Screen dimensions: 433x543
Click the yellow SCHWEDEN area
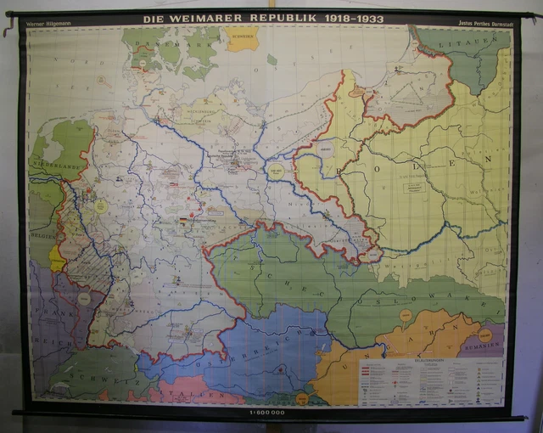tap(243, 38)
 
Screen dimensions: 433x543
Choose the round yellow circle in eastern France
tap(83, 299)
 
